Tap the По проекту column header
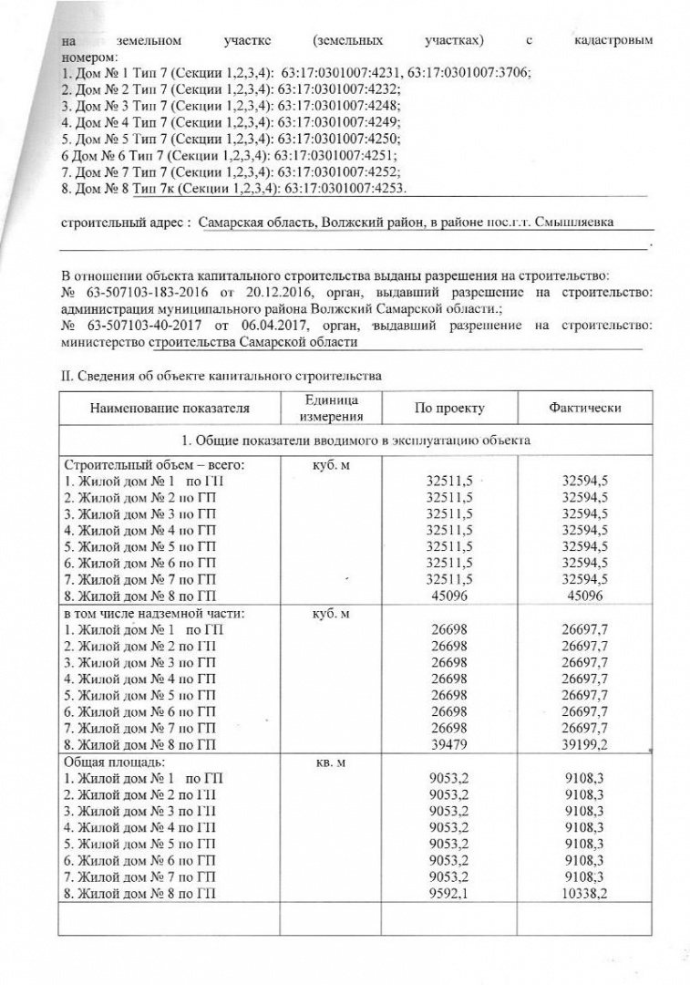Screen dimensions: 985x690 (x=449, y=409)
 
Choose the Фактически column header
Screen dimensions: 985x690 (x=585, y=409)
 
